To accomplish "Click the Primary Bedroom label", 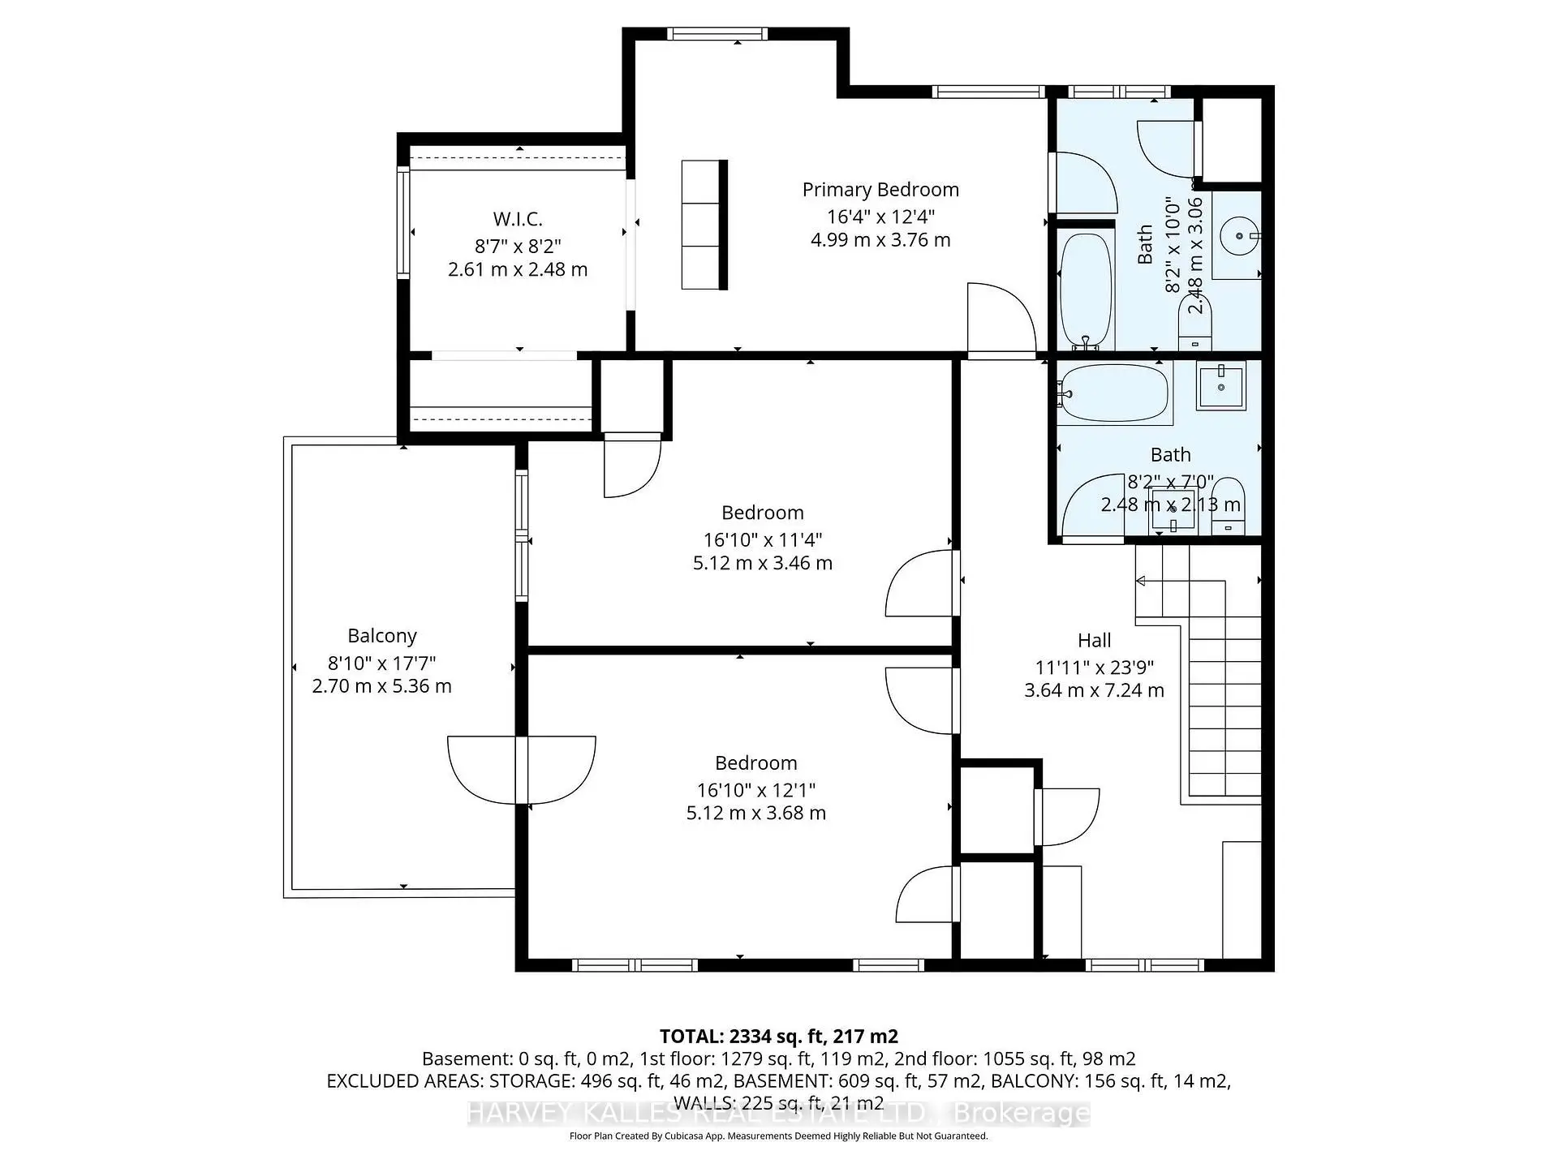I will [880, 190].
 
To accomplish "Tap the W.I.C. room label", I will [518, 219].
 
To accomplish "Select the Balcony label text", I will [381, 636].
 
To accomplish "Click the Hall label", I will [1094, 641].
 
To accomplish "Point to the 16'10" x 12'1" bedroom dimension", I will [755, 790].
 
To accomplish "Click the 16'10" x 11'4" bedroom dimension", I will [762, 539].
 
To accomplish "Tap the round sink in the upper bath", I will [1239, 236].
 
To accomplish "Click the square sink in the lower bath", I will [1220, 388].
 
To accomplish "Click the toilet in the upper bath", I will [1194, 324].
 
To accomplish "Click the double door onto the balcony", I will [522, 769].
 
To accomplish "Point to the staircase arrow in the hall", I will [1142, 581].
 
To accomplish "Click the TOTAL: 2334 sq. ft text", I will [778, 1036].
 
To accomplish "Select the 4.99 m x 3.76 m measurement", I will [880, 240].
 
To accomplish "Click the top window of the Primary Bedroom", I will [717, 34].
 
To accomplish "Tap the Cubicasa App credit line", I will [778, 1136].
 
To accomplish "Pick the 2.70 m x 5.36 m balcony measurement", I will [381, 686].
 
